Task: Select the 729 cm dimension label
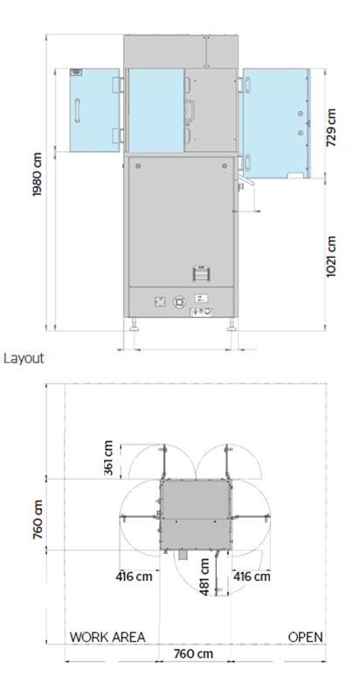(331, 128)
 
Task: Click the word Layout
(24, 357)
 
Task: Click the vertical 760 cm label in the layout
(38, 519)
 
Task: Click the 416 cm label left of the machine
(135, 577)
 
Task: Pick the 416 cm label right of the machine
(252, 577)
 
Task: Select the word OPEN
(306, 636)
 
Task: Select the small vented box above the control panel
(201, 273)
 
